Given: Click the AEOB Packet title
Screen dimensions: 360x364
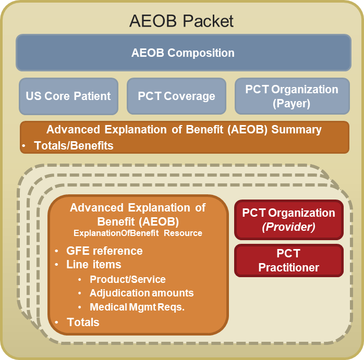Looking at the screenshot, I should click(x=181, y=21).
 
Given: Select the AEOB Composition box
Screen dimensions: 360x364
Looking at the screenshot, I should click(x=183, y=53).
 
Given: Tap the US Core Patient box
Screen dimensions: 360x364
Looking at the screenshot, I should click(x=68, y=96).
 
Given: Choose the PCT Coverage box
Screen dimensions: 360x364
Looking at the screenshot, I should click(x=176, y=96).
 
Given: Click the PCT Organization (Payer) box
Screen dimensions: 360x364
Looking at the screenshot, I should click(x=292, y=96).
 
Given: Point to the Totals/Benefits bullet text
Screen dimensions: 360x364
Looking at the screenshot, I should click(x=74, y=146).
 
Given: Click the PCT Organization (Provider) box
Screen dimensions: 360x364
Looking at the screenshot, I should click(x=288, y=219).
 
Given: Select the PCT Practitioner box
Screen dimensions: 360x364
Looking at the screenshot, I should click(x=288, y=261).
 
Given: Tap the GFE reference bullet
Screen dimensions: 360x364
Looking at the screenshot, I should click(x=104, y=251).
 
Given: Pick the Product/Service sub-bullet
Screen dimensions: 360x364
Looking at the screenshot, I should click(x=128, y=279).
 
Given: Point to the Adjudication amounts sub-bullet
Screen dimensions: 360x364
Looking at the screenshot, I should click(x=141, y=293).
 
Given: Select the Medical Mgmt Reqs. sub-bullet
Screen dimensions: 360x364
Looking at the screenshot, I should click(x=137, y=307).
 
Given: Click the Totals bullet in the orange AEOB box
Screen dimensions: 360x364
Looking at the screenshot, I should click(x=83, y=322).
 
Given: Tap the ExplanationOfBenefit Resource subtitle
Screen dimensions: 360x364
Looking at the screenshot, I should click(x=138, y=233).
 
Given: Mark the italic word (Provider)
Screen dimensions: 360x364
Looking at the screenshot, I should click(x=288, y=226).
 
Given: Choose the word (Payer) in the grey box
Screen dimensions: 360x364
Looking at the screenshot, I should click(x=292, y=103).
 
